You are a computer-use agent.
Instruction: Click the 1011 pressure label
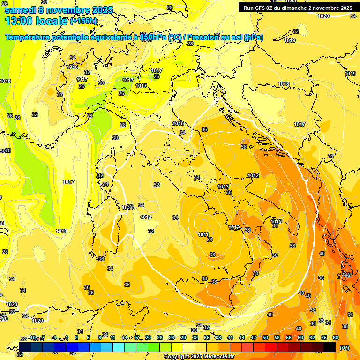click(x=203, y=234)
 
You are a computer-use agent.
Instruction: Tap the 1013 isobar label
click(x=223, y=187)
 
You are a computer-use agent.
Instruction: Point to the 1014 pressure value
click(x=146, y=217)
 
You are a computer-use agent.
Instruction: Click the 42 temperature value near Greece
click(x=347, y=275)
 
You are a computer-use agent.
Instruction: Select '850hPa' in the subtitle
click(x=153, y=37)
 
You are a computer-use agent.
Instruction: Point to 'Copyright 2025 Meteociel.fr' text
click(x=199, y=357)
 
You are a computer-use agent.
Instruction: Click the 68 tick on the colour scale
click(x=336, y=337)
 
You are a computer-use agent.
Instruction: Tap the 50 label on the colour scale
click(x=265, y=337)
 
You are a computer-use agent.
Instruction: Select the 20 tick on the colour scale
click(x=148, y=337)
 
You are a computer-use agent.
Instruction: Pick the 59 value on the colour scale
click(x=300, y=337)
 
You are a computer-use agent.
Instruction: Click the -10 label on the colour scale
click(x=32, y=337)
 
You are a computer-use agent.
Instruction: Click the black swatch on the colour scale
click(x=330, y=347)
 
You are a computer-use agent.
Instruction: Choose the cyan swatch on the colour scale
click(x=119, y=347)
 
